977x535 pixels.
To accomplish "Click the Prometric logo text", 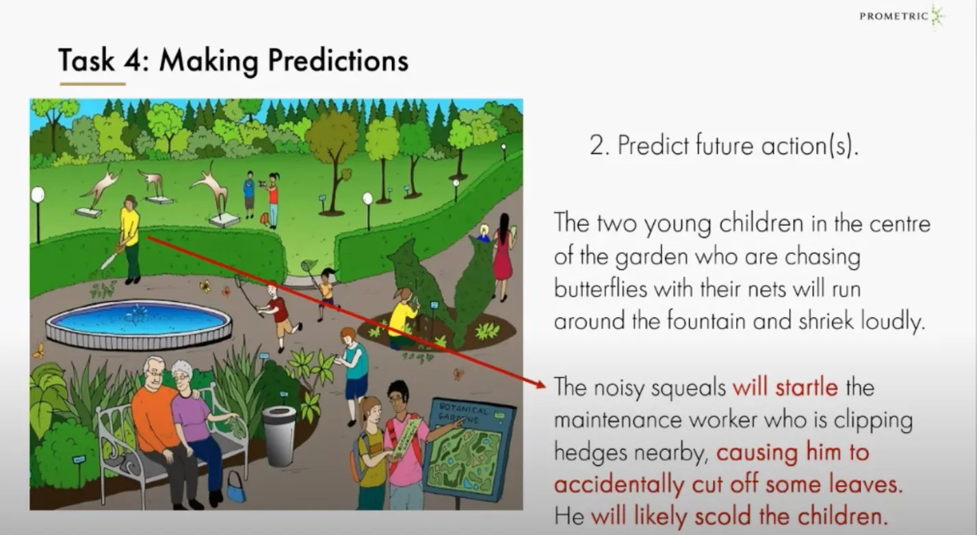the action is (894, 16).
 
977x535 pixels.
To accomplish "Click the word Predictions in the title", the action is (339, 61).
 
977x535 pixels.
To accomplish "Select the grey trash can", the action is (280, 435).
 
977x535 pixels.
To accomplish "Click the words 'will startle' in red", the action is (785, 387).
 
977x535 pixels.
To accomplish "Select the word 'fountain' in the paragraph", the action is (707, 322).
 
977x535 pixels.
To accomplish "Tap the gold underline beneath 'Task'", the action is (92, 83).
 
